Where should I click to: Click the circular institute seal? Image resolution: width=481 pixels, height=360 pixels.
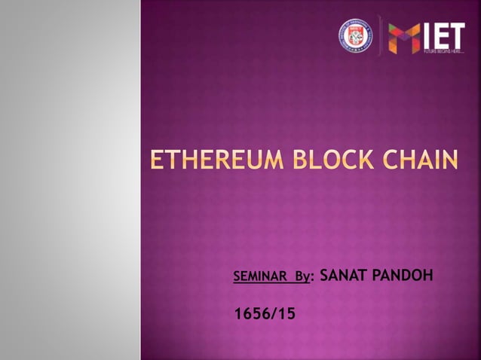(x=350, y=35)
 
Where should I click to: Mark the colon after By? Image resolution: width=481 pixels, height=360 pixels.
(x=312, y=279)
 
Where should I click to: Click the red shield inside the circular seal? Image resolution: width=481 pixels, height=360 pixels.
(x=350, y=35)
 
